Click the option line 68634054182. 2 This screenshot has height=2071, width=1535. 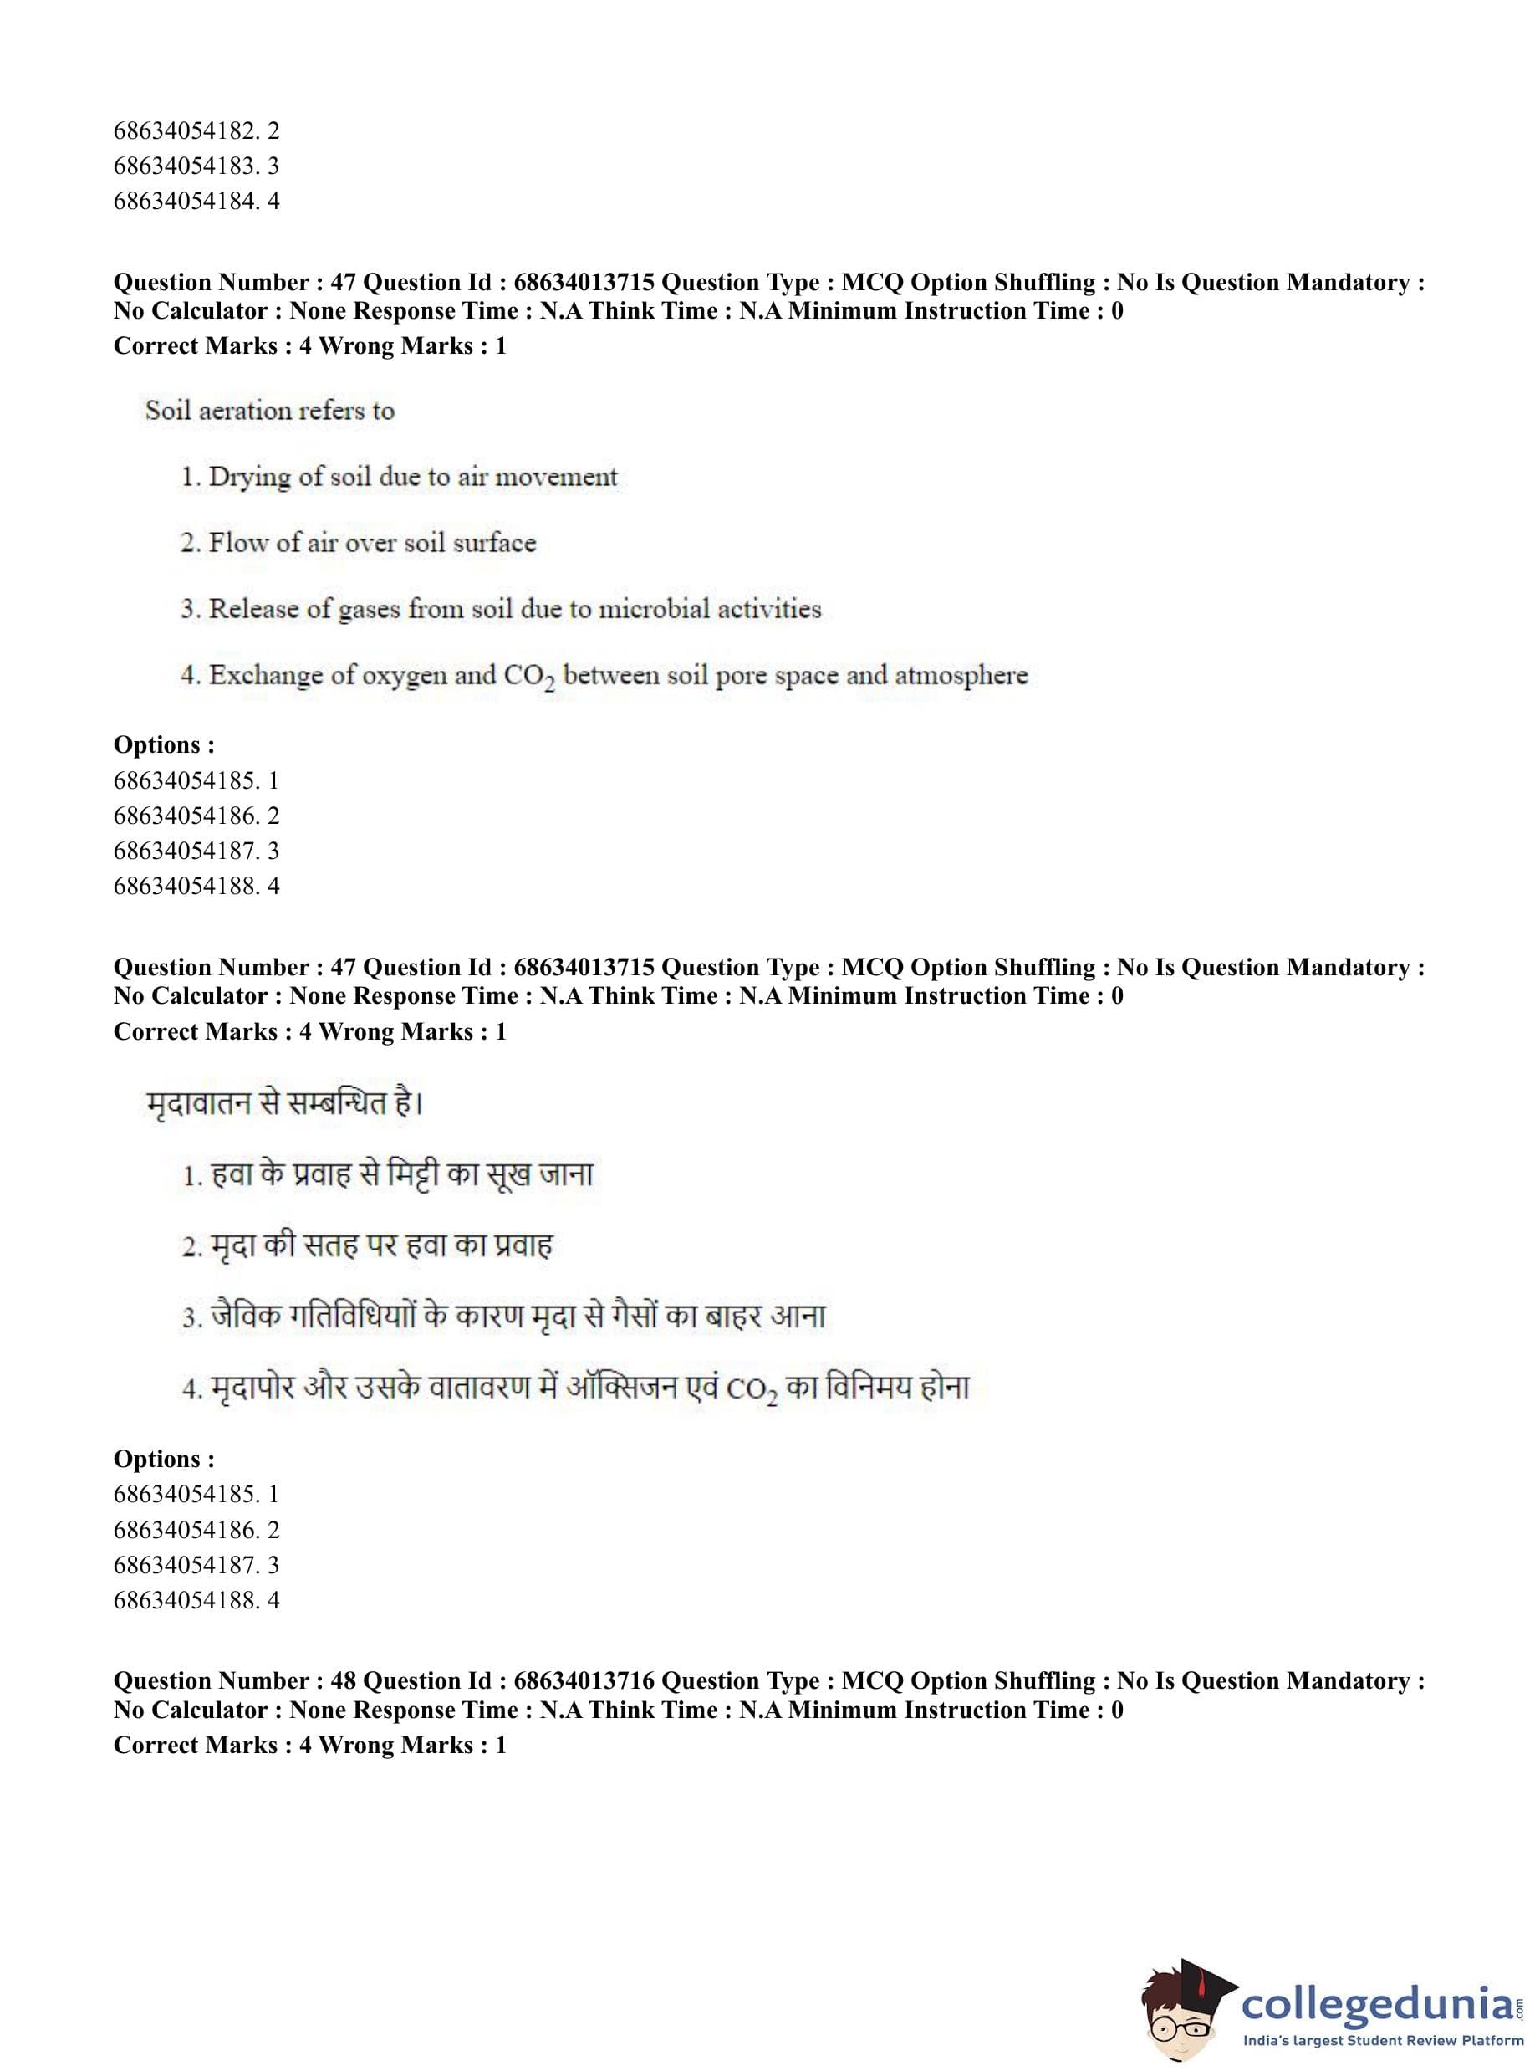tap(196, 131)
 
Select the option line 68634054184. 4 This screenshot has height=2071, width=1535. tap(196, 201)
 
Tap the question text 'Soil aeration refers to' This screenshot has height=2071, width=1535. tap(269, 411)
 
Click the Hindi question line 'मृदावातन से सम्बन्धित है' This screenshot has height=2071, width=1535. tap(284, 1103)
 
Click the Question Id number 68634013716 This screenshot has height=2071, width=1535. tap(584, 1681)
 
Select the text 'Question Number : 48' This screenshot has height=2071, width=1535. tap(234, 1681)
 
